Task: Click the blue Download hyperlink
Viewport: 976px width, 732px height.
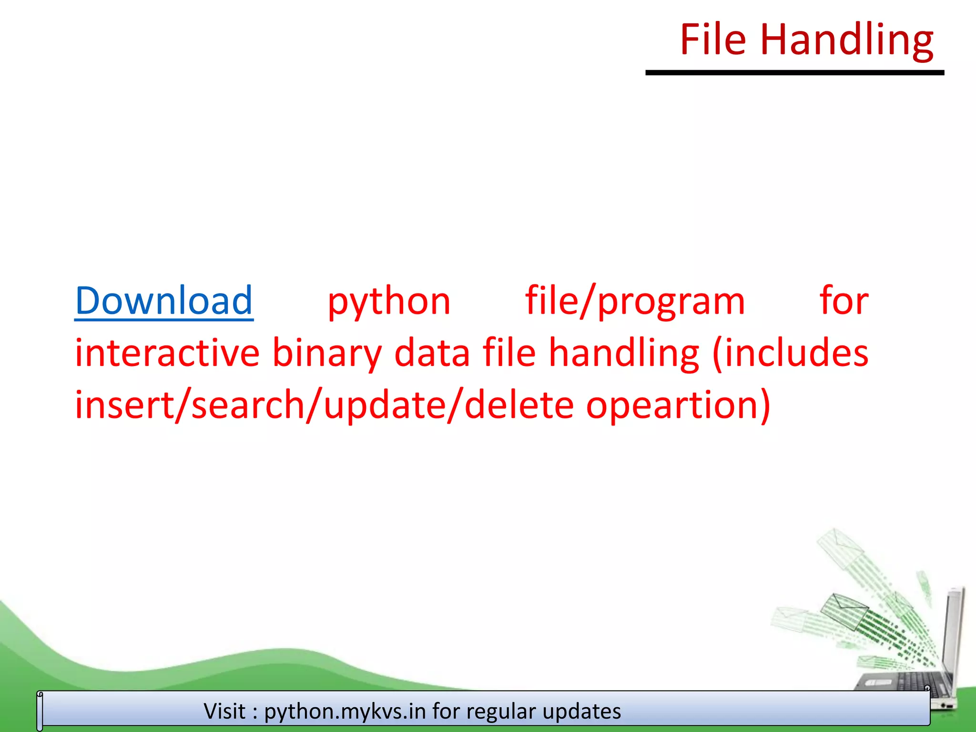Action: tap(163, 301)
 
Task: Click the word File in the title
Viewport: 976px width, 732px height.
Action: tap(712, 40)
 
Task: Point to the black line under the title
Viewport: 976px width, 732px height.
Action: tap(794, 73)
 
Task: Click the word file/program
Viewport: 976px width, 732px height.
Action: tap(635, 302)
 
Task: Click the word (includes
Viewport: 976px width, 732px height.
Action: tap(790, 354)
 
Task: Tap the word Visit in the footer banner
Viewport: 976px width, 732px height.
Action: tap(224, 711)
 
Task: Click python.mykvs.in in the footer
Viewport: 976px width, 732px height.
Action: tap(345, 712)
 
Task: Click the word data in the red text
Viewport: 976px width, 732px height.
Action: tap(432, 354)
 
